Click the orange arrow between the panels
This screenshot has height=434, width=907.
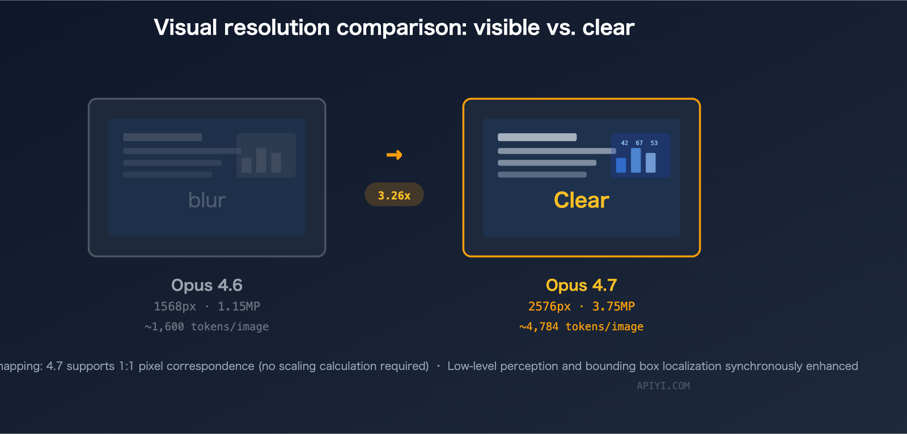coord(394,155)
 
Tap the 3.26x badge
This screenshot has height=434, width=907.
coord(394,195)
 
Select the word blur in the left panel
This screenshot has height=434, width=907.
coord(207,200)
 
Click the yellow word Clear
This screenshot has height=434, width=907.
coord(581,200)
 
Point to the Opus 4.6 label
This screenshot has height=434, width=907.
coord(207,285)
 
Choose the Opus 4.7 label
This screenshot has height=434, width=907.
coord(581,285)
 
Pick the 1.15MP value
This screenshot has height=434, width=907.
coord(239,307)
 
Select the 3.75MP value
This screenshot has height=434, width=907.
coord(613,307)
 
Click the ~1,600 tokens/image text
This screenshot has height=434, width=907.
coord(207,327)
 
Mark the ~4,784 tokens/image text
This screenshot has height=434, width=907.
coord(581,327)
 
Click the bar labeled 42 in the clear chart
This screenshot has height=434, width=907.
coord(621,165)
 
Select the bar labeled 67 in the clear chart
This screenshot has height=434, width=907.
coord(636,160)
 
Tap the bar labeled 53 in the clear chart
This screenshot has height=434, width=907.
coord(651,163)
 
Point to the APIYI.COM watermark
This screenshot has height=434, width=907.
coord(663,386)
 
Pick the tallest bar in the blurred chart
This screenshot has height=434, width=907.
coord(261,160)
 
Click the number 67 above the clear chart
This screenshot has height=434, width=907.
coord(639,143)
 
